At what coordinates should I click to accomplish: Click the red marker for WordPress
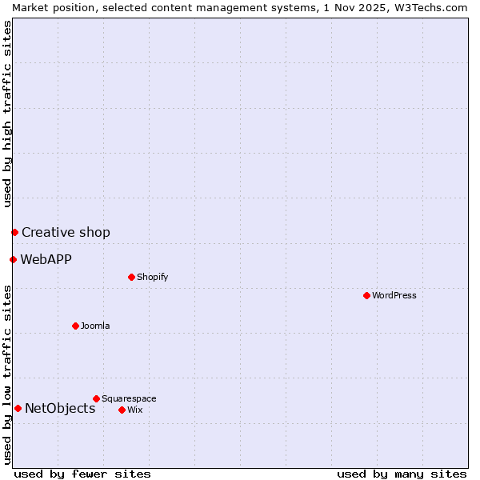(366, 295)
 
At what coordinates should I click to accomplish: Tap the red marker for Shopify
(131, 277)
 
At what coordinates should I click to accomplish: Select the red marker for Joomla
(75, 326)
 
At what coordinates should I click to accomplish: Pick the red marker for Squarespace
(96, 398)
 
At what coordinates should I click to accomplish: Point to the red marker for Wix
(122, 410)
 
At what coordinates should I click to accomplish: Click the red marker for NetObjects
(18, 408)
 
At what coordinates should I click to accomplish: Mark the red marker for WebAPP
(13, 259)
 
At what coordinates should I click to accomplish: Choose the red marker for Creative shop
(14, 232)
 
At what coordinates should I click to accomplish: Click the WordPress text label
(394, 295)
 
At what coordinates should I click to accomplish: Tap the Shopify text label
(152, 277)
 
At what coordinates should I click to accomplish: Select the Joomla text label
(95, 326)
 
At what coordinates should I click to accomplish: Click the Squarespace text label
(129, 398)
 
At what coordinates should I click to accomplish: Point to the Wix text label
(134, 410)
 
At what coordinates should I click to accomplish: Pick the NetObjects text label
(60, 408)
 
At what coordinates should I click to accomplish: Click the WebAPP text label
(46, 259)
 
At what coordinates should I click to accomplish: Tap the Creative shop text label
(66, 232)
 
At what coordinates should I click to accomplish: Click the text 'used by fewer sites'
(82, 474)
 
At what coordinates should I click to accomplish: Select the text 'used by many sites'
(402, 474)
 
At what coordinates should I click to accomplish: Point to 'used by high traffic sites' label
(7, 114)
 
